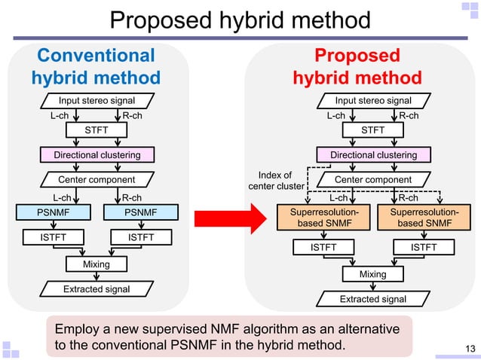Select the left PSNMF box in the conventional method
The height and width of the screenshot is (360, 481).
(54, 213)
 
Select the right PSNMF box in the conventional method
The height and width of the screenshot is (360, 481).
(140, 213)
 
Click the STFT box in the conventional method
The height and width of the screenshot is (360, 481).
(97, 130)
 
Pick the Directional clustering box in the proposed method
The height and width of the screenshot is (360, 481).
(373, 155)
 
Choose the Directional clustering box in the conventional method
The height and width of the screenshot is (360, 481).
(97, 155)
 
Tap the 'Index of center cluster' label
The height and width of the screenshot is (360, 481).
(277, 181)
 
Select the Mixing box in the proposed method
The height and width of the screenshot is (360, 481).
(373, 274)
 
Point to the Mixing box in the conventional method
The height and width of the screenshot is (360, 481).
(97, 264)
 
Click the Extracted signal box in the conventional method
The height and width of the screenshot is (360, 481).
(97, 289)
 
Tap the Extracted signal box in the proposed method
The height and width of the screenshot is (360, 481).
(373, 299)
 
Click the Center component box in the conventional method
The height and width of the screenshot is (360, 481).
(97, 179)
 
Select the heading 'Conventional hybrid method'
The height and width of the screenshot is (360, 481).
(96, 66)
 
